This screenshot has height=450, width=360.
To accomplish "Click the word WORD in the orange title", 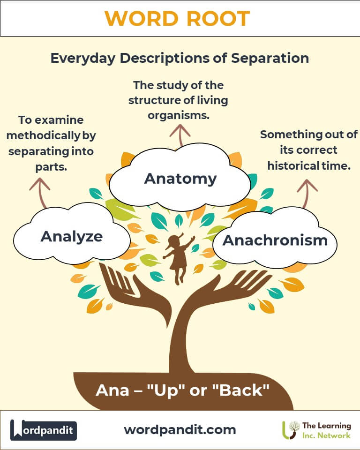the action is [x=142, y=19].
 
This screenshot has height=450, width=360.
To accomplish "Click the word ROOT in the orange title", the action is [x=218, y=19].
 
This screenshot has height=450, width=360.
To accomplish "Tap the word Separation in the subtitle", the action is [x=270, y=58].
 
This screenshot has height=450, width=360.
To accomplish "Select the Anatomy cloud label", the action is [x=180, y=179].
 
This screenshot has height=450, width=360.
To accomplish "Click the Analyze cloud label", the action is [x=72, y=237].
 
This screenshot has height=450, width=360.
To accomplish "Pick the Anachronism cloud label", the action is [x=275, y=240].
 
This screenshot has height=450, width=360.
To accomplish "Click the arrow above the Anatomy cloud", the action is [x=180, y=135].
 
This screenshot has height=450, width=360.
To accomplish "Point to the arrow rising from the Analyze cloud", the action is [x=40, y=193].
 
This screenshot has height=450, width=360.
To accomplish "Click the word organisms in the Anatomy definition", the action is [x=179, y=115].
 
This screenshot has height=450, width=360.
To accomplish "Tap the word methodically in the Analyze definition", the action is [x=43, y=135].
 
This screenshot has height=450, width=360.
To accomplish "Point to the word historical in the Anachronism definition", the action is [x=293, y=165].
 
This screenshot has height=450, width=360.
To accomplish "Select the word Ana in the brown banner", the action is [x=112, y=390].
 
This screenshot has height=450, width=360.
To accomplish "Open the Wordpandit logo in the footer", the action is [x=43, y=430].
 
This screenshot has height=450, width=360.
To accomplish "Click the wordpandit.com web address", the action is [x=180, y=430].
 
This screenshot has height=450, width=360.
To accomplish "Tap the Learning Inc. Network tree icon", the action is [x=291, y=430].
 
